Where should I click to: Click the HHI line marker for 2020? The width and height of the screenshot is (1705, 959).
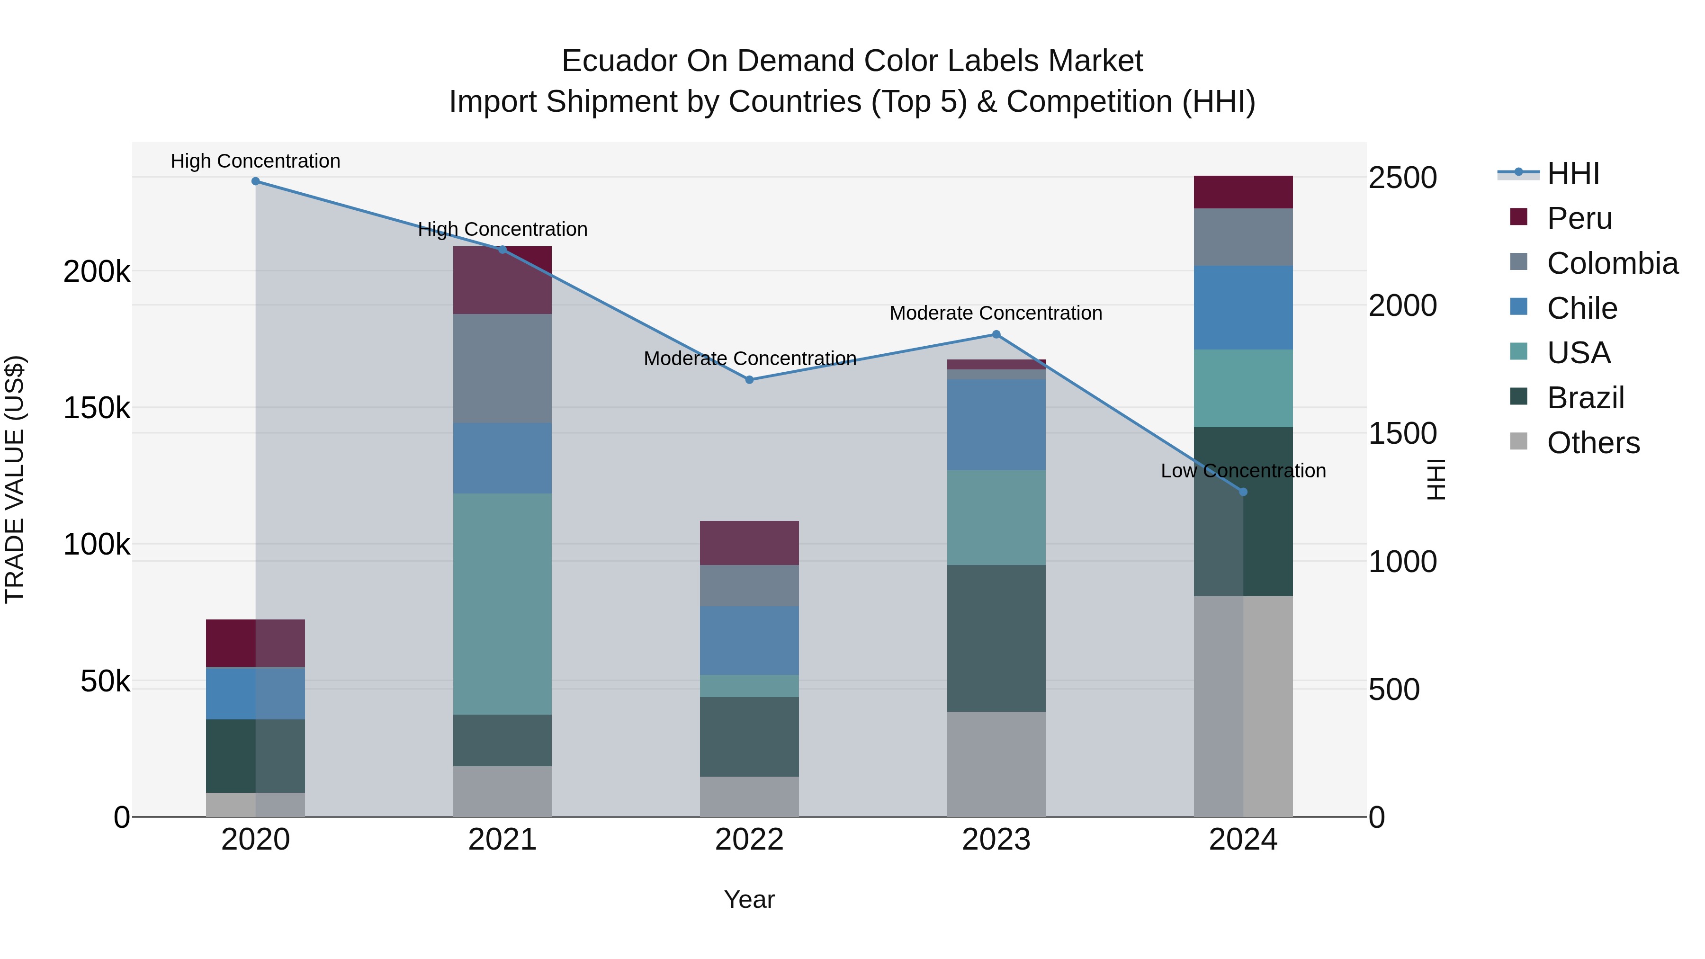click(x=255, y=181)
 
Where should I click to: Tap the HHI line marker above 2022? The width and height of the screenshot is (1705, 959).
click(x=749, y=380)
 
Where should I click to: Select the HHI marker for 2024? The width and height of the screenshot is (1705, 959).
click(x=1243, y=492)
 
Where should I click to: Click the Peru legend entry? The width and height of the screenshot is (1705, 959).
click(x=1579, y=218)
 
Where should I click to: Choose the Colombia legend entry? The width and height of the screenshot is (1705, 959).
click(x=1612, y=263)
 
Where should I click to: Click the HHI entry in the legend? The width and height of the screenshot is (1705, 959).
click(x=1572, y=173)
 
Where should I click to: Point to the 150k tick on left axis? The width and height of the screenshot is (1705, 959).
click(x=97, y=408)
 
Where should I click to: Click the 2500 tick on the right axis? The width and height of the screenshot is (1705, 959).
click(x=1402, y=178)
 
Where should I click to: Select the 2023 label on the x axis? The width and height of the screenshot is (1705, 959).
click(x=996, y=840)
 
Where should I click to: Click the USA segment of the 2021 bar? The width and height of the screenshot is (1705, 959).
click(x=503, y=604)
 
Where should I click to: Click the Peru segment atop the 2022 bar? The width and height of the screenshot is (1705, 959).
click(x=749, y=543)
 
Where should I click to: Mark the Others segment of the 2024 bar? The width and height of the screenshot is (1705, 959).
click(x=1243, y=706)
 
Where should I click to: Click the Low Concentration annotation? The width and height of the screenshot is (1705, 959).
click(x=1243, y=471)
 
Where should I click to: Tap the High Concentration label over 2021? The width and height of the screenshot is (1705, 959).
click(x=503, y=230)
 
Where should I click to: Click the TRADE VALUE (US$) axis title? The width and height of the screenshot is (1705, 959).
click(x=15, y=479)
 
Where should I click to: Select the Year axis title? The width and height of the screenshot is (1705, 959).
click(x=749, y=899)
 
